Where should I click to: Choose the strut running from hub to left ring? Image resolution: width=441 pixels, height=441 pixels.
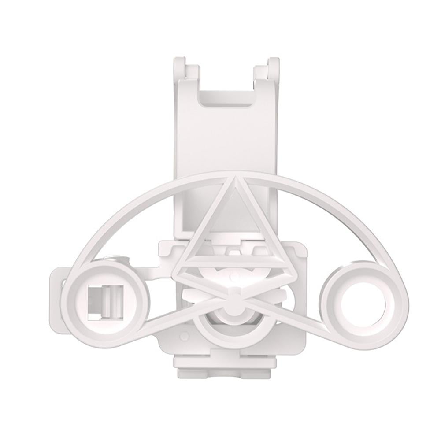coord(176,319)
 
